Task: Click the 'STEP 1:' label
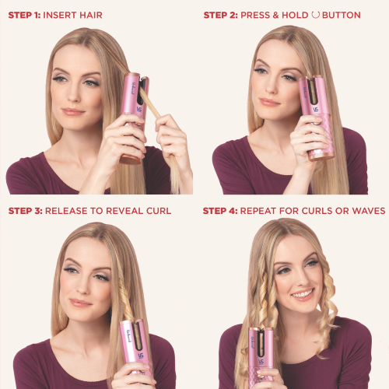click(24, 15)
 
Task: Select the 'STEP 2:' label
click(220, 15)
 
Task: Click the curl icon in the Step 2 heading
click(315, 15)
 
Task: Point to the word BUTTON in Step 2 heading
click(342, 15)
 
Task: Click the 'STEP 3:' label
click(25, 211)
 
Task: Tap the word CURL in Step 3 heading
click(159, 211)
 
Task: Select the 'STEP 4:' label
click(220, 211)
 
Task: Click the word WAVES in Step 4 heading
click(369, 211)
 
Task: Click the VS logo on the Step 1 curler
click(139, 109)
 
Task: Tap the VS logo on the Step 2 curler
click(316, 110)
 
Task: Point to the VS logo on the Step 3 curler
click(141, 356)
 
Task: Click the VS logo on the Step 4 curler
click(261, 362)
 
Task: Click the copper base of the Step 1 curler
click(131, 159)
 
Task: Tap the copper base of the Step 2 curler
click(321, 156)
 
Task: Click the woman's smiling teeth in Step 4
click(303, 294)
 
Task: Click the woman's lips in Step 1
click(73, 112)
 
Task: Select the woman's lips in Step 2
click(269, 102)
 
